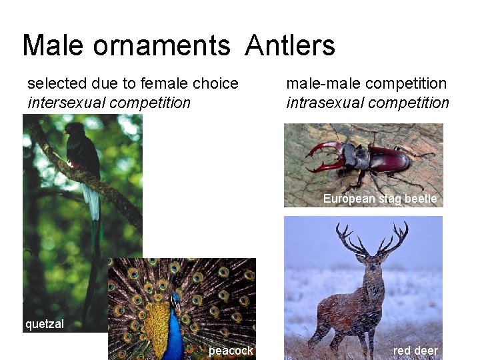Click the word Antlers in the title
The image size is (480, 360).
tap(290, 46)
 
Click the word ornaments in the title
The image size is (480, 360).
tap(162, 46)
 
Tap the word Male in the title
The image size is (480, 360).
tap(53, 46)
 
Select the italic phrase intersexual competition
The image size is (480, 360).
tap(109, 103)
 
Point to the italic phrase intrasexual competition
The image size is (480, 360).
tap(367, 103)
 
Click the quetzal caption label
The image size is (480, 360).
tap(45, 325)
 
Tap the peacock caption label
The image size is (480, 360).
tap(231, 351)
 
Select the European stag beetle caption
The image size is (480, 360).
tap(380, 199)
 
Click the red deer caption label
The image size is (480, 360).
tap(415, 351)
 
